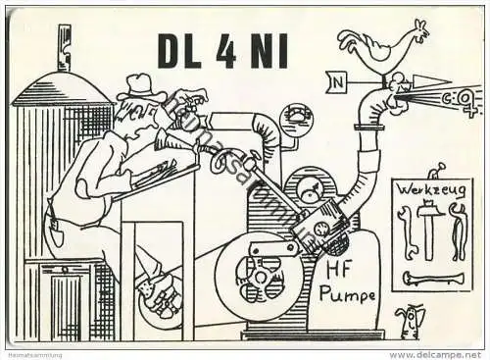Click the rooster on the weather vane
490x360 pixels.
tap(381, 41)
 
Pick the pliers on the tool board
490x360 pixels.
tap(457, 231)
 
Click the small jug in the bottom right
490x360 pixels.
tap(411, 320)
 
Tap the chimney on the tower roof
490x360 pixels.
tap(64, 49)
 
